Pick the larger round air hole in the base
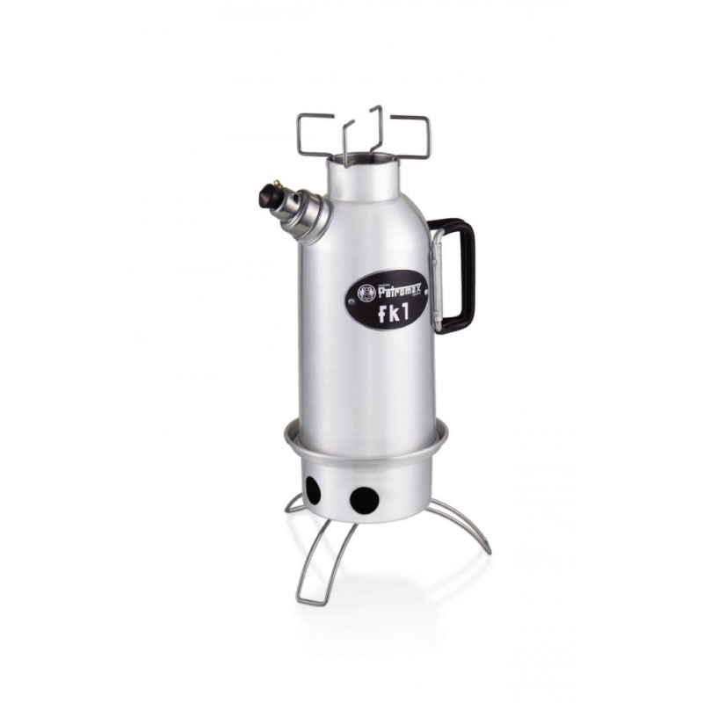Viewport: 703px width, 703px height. pos(364,500)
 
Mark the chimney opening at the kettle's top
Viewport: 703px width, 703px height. pos(369,161)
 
